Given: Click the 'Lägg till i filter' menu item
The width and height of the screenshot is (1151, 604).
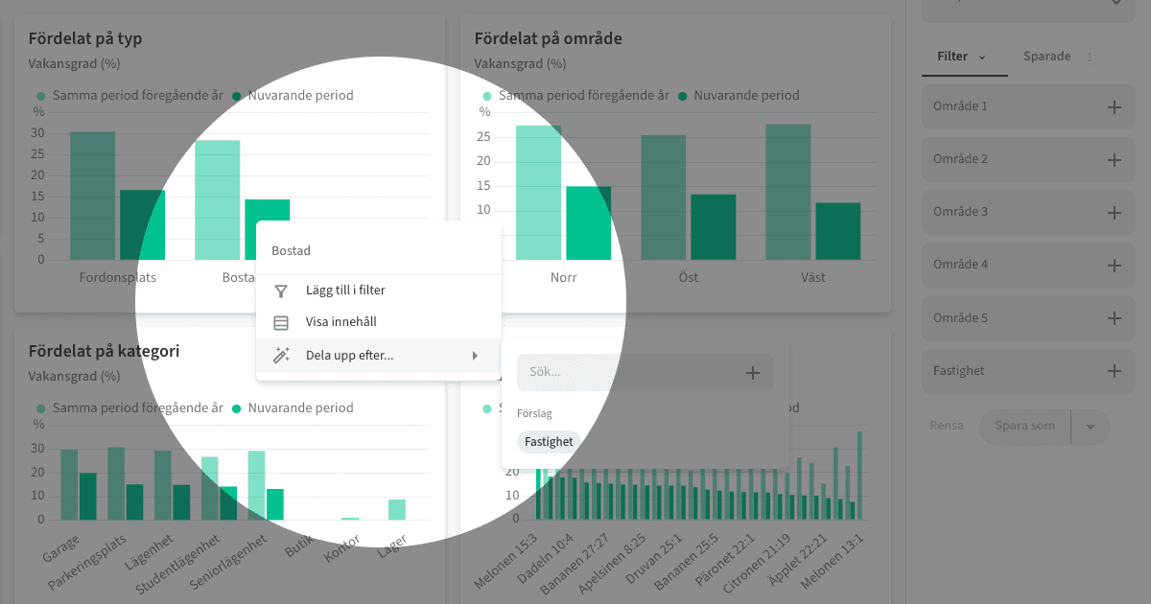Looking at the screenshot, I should click(345, 290).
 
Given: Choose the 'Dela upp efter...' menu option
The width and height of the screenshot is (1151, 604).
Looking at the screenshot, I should click(349, 356).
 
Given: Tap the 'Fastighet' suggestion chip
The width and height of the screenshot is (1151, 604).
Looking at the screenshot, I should click(549, 442).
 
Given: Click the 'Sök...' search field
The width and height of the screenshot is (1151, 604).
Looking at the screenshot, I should click(628, 372).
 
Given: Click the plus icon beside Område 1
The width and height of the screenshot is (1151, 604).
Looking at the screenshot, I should click(1114, 107).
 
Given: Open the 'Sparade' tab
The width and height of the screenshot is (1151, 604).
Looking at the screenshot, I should click(1046, 57).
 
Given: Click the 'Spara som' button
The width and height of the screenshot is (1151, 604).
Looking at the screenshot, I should click(1024, 427).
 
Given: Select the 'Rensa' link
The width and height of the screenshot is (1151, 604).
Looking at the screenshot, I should click(946, 427).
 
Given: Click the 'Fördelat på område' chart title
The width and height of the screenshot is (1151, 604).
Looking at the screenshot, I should click(548, 39).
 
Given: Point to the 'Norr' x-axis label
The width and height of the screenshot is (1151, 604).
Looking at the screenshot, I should click(563, 278).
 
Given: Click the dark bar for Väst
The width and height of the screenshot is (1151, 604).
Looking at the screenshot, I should click(837, 231).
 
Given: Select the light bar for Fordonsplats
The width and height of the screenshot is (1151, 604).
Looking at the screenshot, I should click(92, 197).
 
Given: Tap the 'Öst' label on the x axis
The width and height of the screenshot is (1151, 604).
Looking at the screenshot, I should click(688, 278).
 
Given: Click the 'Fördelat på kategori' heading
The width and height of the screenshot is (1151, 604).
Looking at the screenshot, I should click(104, 352).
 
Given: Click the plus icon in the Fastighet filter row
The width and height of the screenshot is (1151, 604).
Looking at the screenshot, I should click(1114, 371).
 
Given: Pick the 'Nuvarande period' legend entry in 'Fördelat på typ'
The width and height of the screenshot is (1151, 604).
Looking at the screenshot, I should click(300, 96).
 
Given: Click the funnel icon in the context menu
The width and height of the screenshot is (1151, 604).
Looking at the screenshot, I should click(281, 290).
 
